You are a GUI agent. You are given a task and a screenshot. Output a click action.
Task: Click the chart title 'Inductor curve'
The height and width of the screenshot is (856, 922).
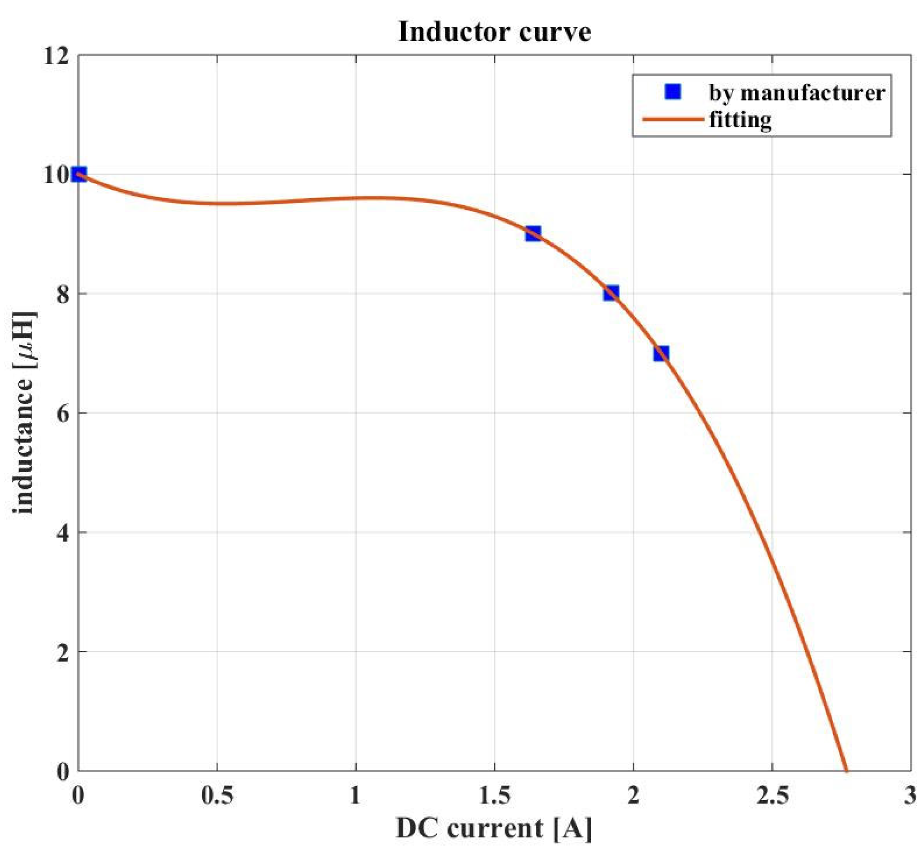tap(494, 32)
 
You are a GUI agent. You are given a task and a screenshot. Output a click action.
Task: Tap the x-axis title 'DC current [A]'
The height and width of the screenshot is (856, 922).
tap(494, 828)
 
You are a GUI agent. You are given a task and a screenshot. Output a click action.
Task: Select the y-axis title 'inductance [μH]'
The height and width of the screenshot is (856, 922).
tap(24, 412)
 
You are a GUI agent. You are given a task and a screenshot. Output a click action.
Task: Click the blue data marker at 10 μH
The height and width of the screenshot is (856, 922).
tap(79, 174)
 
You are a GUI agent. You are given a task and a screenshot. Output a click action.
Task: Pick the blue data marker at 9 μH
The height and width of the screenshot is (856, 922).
tap(533, 234)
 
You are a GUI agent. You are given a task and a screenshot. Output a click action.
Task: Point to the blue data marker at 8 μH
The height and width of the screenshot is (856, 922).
tap(611, 293)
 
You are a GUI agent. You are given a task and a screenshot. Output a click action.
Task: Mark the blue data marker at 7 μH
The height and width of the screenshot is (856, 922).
tap(661, 353)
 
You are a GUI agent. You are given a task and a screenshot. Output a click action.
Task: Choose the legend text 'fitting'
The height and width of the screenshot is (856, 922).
tap(740, 120)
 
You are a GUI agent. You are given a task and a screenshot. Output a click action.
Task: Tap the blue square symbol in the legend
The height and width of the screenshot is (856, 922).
tap(673, 92)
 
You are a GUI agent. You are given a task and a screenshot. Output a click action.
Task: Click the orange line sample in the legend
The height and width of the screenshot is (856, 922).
tap(673, 119)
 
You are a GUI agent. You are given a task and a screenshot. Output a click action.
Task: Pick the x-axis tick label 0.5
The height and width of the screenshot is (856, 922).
tap(217, 795)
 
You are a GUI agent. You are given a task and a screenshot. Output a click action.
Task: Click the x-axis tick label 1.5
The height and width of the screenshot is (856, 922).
tap(494, 795)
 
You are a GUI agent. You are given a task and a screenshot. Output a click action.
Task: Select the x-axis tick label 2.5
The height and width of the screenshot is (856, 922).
tap(772, 795)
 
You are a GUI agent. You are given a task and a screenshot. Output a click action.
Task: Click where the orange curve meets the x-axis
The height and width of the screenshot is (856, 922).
tap(846, 770)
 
